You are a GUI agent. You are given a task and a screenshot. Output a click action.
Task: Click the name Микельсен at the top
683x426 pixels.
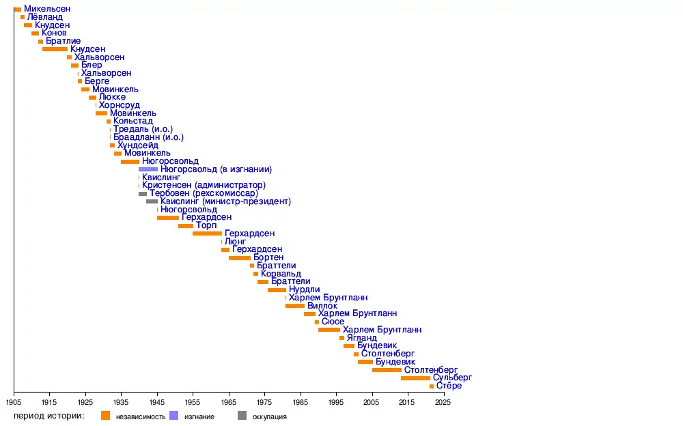click(46, 9)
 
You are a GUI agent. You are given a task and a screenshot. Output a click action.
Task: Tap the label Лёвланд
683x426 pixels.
click(46, 17)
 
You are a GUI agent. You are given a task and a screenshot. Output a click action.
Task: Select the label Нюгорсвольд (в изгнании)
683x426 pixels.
click(216, 169)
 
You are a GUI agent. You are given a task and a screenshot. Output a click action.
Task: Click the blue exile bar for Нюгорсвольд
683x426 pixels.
click(148, 169)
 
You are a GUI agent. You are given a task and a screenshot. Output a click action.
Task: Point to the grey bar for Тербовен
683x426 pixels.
click(143, 193)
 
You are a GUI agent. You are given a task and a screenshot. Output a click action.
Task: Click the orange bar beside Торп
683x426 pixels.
click(186, 225)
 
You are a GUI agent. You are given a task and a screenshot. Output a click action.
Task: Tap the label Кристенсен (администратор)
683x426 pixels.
click(204, 185)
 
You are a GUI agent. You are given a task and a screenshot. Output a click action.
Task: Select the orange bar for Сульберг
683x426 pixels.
click(415, 378)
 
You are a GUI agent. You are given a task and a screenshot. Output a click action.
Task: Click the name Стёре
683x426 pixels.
click(449, 386)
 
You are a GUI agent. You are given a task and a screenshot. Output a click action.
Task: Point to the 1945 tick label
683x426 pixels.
click(157, 403)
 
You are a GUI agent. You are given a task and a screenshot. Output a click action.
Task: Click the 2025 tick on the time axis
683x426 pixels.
click(443, 403)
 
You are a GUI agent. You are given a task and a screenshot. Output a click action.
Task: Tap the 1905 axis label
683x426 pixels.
click(14, 403)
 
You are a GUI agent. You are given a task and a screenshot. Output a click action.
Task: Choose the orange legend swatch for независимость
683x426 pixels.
click(105, 416)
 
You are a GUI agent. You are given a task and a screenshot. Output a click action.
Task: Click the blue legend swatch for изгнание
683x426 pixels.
click(173, 416)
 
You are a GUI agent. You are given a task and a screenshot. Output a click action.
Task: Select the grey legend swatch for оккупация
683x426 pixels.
click(242, 416)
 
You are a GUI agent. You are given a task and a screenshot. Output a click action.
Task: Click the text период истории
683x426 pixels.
click(48, 416)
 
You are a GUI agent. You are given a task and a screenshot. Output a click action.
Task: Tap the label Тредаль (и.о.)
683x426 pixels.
click(143, 129)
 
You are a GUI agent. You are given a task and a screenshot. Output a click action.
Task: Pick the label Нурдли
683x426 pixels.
click(304, 289)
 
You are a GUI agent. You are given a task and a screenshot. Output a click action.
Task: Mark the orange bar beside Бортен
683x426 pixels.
click(240, 257)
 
